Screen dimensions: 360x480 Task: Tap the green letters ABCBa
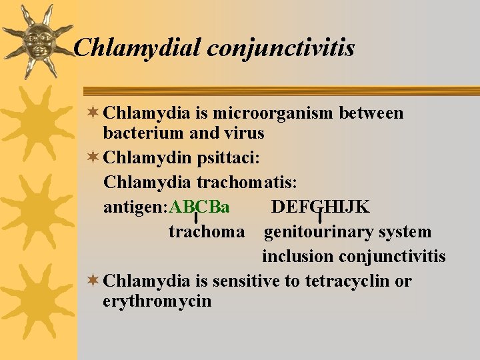point(200,207)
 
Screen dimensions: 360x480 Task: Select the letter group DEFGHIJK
point(320,207)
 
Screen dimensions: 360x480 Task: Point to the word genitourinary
point(318,232)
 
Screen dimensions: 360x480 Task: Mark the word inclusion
point(298,257)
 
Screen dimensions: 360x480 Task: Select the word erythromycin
point(157,301)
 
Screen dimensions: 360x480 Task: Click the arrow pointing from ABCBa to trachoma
point(195,218)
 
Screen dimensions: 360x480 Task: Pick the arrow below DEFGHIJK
point(320,218)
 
